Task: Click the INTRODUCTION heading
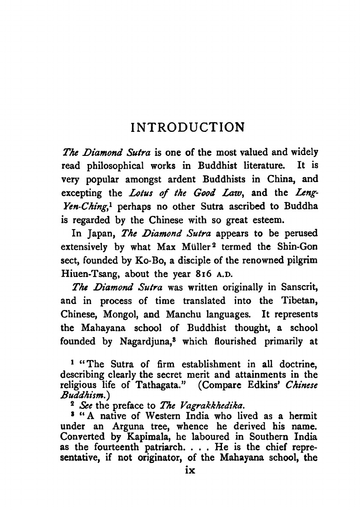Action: [188, 127]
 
